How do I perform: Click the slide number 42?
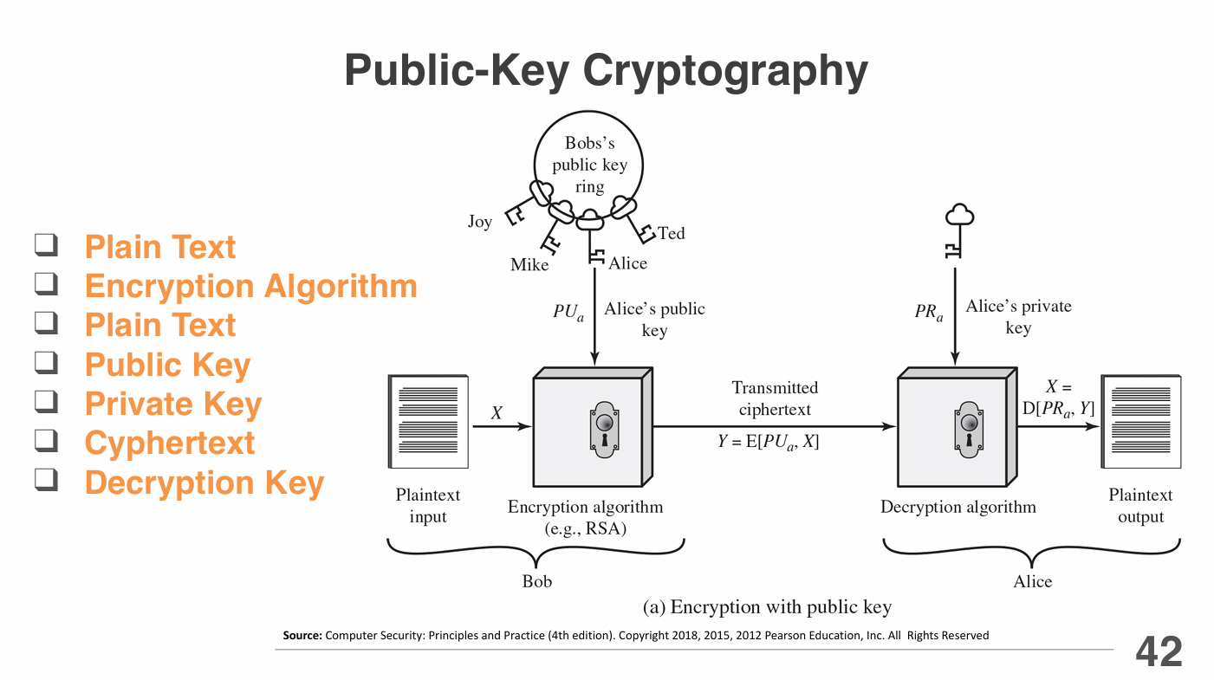[1159, 651]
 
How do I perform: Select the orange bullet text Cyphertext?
[170, 443]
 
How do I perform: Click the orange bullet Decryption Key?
[204, 482]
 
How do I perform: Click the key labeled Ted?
[633, 218]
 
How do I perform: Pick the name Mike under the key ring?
[529, 265]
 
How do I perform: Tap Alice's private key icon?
[956, 230]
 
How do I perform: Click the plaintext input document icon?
[428, 422]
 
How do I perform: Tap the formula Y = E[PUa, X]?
[768, 441]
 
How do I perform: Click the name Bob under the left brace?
[536, 581]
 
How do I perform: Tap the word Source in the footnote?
[302, 636]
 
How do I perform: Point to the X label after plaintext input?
[497, 413]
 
